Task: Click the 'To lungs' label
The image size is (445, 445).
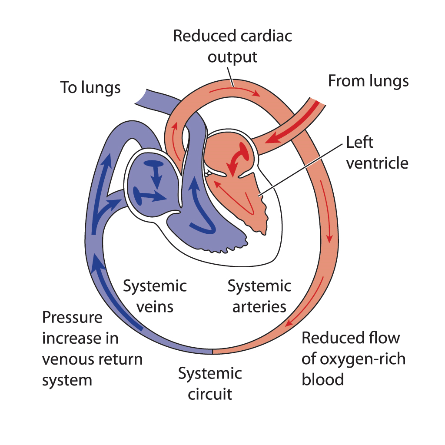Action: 90,88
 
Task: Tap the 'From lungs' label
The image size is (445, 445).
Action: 368,81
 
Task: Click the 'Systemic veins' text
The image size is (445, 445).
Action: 155,296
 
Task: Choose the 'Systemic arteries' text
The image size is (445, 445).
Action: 259,296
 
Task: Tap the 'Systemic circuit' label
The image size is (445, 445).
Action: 210,384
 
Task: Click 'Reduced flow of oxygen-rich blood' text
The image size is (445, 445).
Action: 353,359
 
